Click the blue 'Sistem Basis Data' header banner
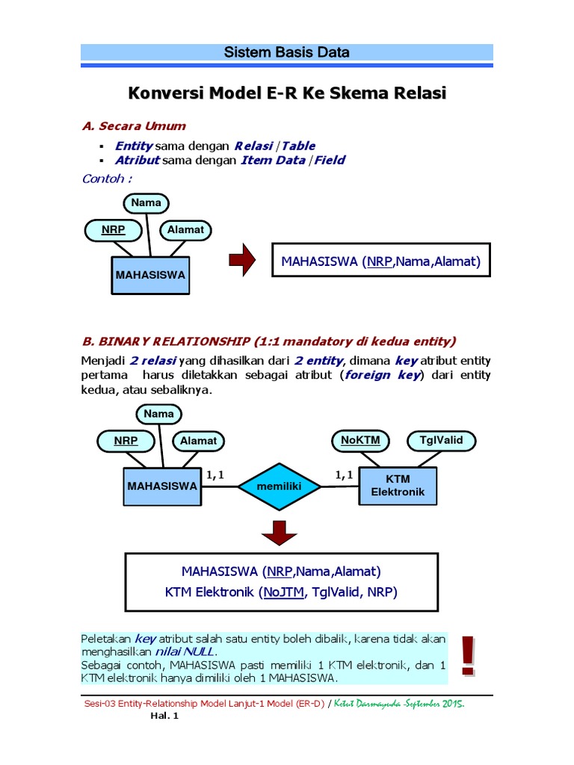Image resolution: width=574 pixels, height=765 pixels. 287,53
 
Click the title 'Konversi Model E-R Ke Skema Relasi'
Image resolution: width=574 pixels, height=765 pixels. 287,94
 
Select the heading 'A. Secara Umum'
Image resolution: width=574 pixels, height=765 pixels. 134,126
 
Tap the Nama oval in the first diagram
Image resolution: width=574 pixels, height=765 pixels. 145,202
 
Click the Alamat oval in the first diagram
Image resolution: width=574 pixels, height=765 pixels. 185,229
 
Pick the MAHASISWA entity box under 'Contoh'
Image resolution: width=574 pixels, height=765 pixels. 150,275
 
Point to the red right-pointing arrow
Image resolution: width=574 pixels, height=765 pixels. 242,261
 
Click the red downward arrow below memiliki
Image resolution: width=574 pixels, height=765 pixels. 280,533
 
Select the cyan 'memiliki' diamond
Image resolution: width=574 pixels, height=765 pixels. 278,486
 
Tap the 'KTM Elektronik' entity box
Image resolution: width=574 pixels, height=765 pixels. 398,486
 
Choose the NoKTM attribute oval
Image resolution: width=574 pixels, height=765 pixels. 360,441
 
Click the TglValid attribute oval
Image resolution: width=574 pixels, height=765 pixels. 441,441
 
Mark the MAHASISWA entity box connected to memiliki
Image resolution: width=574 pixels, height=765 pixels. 162,486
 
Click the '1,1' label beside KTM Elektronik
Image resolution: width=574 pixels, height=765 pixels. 344,474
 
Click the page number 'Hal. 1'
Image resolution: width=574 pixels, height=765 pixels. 165,715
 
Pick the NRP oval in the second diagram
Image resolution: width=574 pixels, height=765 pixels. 126,441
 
